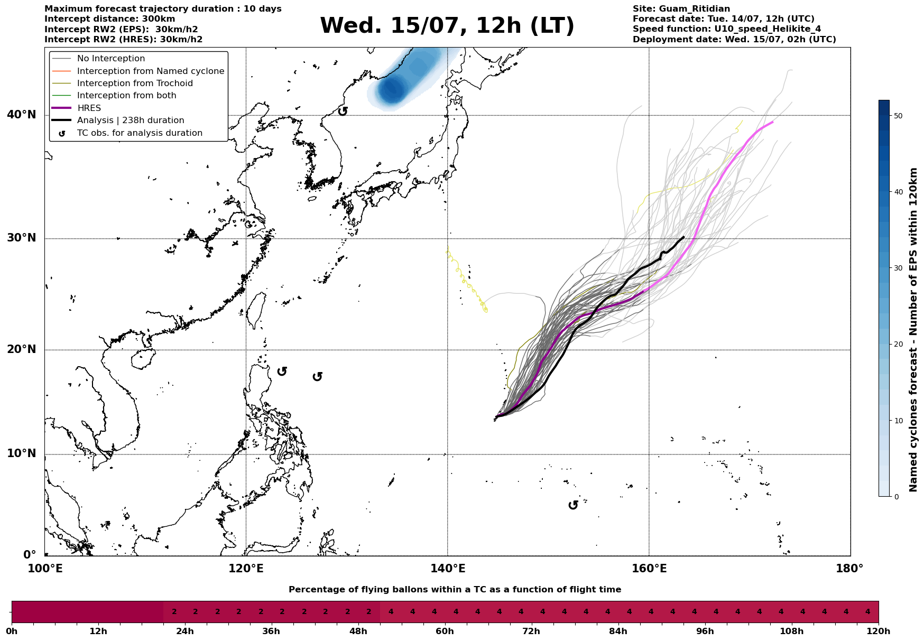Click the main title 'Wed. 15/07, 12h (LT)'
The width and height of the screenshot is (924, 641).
click(447, 26)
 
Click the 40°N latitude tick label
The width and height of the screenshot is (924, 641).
click(22, 115)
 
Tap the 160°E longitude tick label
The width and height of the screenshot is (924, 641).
click(649, 569)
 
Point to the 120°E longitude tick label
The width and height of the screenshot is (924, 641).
click(246, 569)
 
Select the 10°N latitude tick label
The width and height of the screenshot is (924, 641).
click(22, 454)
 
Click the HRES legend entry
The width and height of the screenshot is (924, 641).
click(89, 108)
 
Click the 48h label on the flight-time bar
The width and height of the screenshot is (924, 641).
click(358, 631)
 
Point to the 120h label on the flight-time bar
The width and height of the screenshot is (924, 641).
click(879, 631)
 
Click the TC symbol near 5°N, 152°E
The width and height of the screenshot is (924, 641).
click(573, 505)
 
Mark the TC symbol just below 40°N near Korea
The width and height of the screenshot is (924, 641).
click(343, 111)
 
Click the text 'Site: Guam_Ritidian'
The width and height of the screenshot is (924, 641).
click(681, 9)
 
